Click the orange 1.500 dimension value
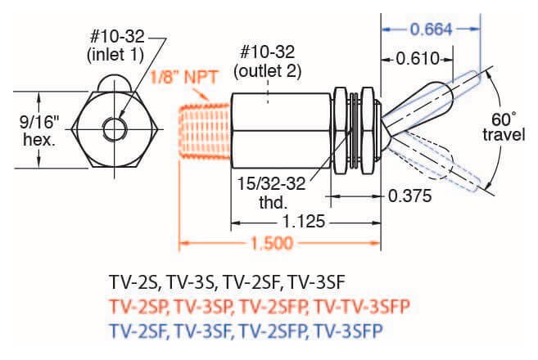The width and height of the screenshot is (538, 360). coord(269,243)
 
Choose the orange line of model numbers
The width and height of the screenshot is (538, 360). coord(259,307)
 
